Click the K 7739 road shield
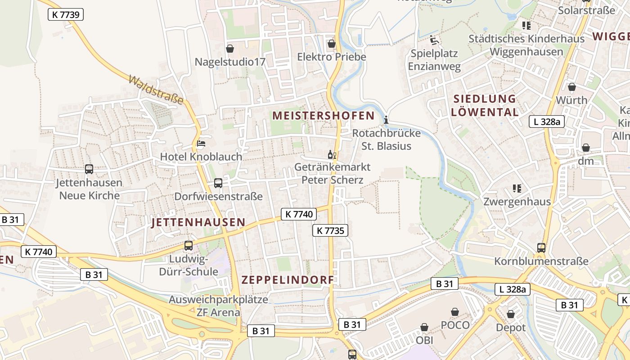pyautogui.click(x=66, y=14)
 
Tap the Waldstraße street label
pyautogui.click(x=156, y=90)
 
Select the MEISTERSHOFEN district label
pyautogui.click(x=323, y=116)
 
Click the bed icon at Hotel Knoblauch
pyautogui.click(x=201, y=144)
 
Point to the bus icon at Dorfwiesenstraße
pyautogui.click(x=218, y=183)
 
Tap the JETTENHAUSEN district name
pyautogui.click(x=198, y=222)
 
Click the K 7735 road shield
pyautogui.click(x=330, y=231)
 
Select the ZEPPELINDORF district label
pyautogui.click(x=288, y=280)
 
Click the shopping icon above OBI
pyautogui.click(x=424, y=327)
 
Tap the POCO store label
pyautogui.click(x=455, y=325)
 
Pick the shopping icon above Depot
pyautogui.click(x=510, y=314)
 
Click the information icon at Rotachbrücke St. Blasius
pyautogui.click(x=386, y=120)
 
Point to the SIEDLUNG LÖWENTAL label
pyautogui.click(x=485, y=105)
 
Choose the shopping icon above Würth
pyautogui.click(x=571, y=87)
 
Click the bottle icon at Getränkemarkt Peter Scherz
pyautogui.click(x=332, y=155)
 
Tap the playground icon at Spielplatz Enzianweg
pyautogui.click(x=434, y=40)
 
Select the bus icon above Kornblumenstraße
pyautogui.click(x=541, y=247)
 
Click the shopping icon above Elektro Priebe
pyautogui.click(x=332, y=44)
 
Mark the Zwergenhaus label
pyautogui.click(x=517, y=201)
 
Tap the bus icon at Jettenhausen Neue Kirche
pyautogui.click(x=89, y=169)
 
